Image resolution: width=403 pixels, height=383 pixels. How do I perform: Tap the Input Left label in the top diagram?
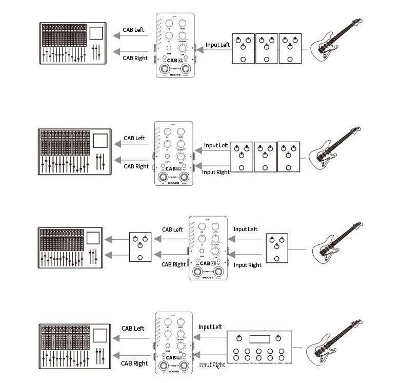click(x=218, y=45)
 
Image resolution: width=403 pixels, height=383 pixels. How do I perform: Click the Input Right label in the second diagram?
click(x=216, y=172)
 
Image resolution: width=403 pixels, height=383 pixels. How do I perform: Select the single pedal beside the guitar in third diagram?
click(x=277, y=250)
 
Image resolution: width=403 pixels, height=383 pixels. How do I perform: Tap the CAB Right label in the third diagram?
click(x=173, y=264)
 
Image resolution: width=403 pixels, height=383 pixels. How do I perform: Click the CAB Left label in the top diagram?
click(x=133, y=30)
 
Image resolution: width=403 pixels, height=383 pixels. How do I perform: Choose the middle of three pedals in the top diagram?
click(x=267, y=48)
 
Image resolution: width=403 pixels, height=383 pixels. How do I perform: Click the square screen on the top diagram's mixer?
click(x=96, y=33)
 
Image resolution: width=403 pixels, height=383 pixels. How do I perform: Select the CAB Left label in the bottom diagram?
click(x=133, y=328)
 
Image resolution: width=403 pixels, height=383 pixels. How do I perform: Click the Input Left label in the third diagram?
click(x=245, y=229)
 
